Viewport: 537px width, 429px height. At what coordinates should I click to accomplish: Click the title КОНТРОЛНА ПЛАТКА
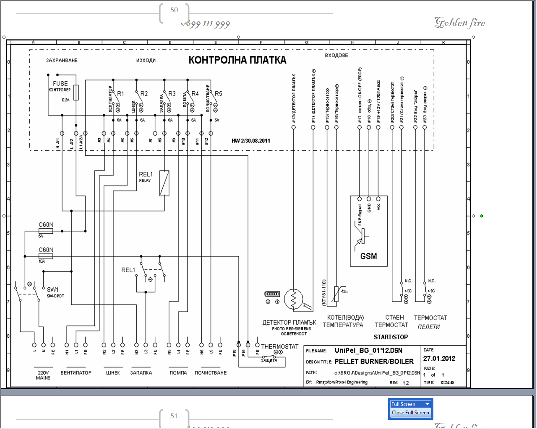(x=237, y=60)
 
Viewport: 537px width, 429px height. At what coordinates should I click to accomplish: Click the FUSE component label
(x=60, y=83)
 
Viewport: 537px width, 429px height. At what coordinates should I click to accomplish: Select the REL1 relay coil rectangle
(x=164, y=183)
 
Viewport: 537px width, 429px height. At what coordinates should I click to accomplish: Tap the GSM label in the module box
(x=368, y=256)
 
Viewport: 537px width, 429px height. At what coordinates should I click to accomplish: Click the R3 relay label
(x=172, y=93)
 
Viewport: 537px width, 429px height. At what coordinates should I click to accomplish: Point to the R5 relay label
(x=218, y=93)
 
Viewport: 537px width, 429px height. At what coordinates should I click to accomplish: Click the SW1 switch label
(x=53, y=289)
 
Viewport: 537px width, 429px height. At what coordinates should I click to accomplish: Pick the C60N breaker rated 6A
(x=46, y=231)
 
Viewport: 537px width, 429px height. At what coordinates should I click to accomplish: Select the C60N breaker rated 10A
(x=46, y=256)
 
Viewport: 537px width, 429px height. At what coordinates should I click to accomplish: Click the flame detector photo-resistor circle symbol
(x=293, y=299)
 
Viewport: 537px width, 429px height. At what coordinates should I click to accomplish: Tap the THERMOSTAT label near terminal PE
(x=280, y=346)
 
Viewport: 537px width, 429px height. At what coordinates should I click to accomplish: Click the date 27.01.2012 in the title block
(x=439, y=359)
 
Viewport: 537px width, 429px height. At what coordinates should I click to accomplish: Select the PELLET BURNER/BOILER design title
(x=374, y=361)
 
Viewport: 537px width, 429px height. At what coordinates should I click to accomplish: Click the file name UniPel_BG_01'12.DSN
(x=368, y=351)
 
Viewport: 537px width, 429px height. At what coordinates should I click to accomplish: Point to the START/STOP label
(x=391, y=337)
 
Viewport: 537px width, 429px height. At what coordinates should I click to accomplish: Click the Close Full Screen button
(x=410, y=413)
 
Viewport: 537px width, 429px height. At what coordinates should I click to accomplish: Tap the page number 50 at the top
(x=174, y=10)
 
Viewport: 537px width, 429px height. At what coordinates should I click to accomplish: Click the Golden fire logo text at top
(x=460, y=22)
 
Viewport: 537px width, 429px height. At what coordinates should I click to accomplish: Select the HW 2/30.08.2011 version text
(x=251, y=141)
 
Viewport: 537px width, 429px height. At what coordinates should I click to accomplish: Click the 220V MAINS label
(x=43, y=375)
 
